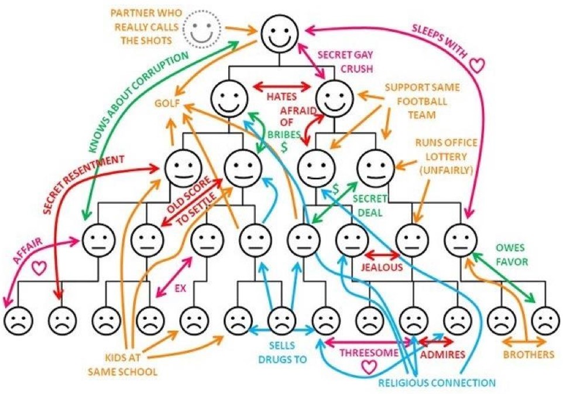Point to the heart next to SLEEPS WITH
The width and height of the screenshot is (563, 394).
[x=478, y=63]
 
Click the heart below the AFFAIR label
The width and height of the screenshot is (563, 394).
[x=39, y=268]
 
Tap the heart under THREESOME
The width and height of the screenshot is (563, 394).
[x=368, y=367]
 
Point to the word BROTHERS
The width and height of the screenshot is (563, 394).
[x=529, y=354]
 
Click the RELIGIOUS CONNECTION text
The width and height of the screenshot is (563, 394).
[x=437, y=383]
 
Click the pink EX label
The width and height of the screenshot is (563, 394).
[x=181, y=289]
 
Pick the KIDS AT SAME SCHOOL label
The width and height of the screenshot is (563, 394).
[x=123, y=364]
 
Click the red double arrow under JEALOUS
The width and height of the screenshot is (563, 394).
[x=382, y=256]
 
